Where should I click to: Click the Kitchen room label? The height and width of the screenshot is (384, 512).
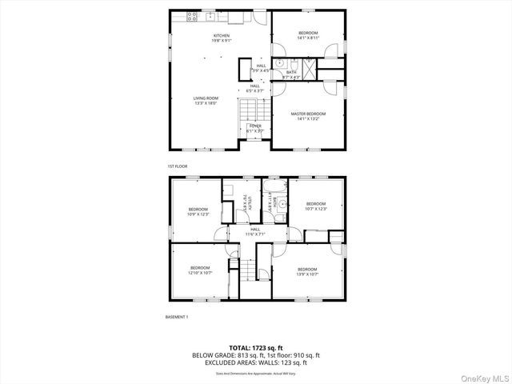click(222, 38)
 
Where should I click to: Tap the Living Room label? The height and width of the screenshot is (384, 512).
click(206, 101)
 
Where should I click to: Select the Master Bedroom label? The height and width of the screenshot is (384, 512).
click(307, 117)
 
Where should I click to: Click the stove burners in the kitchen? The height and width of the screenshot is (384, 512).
click(192, 16)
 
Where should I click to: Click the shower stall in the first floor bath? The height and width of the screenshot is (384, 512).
click(307, 63)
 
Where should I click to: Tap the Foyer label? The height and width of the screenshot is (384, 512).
click(255, 128)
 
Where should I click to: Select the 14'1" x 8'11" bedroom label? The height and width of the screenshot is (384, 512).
click(307, 34)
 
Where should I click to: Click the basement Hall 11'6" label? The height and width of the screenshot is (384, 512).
click(256, 231)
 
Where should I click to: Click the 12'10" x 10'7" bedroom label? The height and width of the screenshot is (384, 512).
click(200, 270)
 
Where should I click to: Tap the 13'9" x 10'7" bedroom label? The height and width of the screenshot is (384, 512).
click(307, 271)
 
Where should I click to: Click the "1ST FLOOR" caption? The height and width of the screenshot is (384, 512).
click(177, 166)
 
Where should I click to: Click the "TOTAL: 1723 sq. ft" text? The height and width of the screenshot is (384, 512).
click(256, 347)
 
